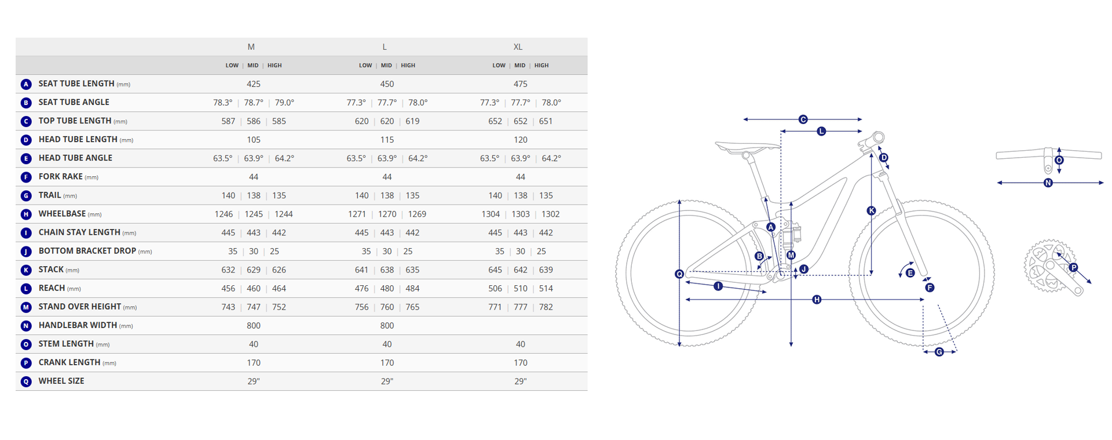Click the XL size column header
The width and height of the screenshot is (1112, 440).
518,47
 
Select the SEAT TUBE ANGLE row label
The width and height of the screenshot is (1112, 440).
74,102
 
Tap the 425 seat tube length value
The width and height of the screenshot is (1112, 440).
254,84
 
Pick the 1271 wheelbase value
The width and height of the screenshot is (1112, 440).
357,214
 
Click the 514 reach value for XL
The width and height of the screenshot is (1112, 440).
546,288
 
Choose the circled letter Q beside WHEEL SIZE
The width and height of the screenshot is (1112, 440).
26,381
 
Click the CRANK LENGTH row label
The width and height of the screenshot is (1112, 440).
69,362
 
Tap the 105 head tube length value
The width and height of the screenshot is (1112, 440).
254,140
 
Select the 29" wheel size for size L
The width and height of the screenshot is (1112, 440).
387,381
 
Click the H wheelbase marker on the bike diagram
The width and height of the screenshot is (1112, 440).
817,300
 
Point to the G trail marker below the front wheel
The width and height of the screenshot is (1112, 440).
939,352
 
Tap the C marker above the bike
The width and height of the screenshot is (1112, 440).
803,119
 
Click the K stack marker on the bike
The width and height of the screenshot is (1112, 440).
871,210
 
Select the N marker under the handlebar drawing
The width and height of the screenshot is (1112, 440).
1048,183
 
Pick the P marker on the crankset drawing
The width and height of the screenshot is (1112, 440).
1073,267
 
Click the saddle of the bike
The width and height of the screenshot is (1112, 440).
747,147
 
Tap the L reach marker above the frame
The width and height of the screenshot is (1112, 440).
821,132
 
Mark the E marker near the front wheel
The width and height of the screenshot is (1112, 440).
910,273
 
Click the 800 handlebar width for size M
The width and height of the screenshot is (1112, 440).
254,325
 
